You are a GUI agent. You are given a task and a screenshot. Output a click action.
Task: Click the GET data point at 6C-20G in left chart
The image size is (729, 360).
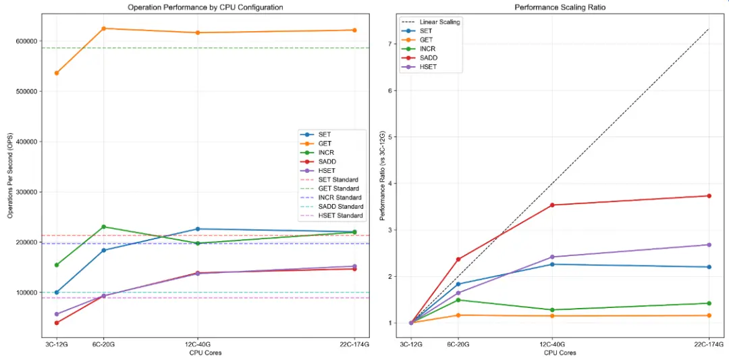coord(103,28)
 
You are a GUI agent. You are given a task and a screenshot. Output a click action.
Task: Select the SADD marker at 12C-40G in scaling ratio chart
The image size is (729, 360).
coord(552,205)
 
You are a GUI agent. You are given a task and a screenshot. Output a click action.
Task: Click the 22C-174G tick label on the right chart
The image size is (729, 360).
coord(709,344)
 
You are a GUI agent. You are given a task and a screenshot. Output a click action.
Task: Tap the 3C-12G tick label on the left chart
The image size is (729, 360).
coord(57,344)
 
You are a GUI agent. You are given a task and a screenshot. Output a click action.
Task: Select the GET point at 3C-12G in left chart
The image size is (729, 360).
coord(57,73)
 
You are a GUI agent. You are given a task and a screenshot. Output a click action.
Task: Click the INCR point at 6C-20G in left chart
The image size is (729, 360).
coord(103,227)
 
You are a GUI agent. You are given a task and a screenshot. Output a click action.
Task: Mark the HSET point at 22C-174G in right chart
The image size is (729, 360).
coord(709,245)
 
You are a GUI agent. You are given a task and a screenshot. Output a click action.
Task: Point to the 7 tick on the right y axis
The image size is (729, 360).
coord(390,44)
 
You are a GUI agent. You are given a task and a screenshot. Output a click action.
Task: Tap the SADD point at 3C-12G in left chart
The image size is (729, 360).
coord(57,323)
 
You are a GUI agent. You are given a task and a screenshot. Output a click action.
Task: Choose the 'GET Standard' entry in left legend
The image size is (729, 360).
coord(340,188)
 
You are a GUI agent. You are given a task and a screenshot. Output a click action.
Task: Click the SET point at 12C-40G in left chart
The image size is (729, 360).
coord(197,229)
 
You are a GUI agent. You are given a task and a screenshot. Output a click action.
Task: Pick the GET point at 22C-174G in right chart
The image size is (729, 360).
coord(709,315)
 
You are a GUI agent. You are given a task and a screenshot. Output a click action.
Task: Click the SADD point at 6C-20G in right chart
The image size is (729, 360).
coord(458,259)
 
